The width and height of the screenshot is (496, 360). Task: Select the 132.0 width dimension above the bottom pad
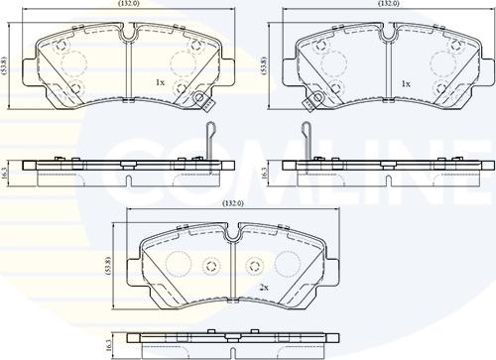(x=233, y=203)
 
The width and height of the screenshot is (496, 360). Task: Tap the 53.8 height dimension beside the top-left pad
(x=4, y=65)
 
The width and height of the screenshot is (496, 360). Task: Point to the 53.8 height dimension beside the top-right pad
(x=264, y=65)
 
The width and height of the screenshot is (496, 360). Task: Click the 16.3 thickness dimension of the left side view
(x=4, y=174)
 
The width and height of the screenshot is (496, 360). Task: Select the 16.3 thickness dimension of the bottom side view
(x=109, y=345)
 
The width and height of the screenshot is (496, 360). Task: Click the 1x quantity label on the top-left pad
(x=160, y=82)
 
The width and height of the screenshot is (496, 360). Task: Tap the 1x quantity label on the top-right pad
(x=406, y=84)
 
